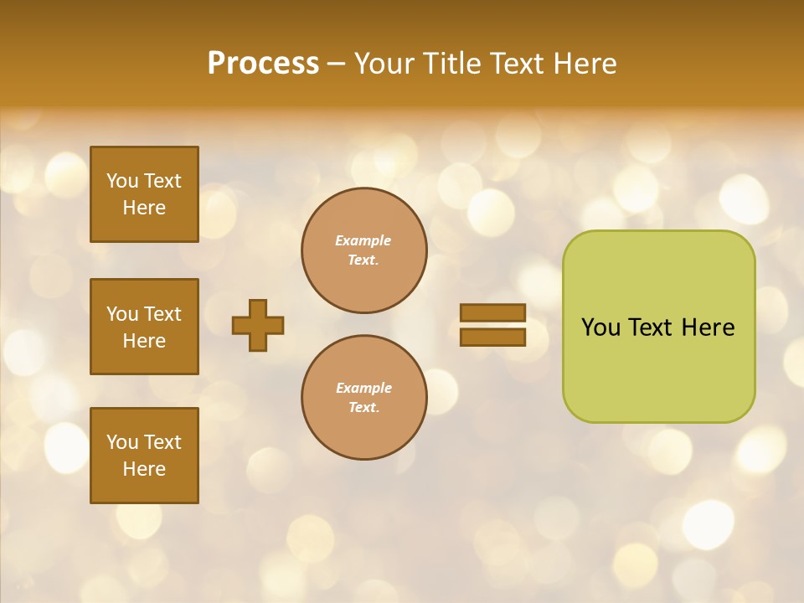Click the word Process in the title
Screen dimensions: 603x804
(263, 64)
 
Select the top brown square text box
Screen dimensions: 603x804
(144, 194)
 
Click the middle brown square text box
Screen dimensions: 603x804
(144, 327)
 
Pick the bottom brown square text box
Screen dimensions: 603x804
(144, 455)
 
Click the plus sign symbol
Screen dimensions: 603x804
(258, 325)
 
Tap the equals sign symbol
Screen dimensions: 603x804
(492, 325)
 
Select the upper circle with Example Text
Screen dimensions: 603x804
(363, 250)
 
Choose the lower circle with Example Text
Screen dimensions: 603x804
(363, 398)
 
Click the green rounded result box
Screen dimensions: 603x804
(658, 327)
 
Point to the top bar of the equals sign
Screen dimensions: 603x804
(492, 313)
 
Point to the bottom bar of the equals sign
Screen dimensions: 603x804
(492, 337)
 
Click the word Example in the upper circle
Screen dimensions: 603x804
(363, 240)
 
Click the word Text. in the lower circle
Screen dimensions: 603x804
(363, 408)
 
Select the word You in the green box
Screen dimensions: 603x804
(600, 327)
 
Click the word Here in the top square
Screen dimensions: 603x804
(144, 208)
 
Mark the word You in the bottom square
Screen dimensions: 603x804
(122, 442)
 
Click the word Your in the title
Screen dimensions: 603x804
(384, 64)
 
